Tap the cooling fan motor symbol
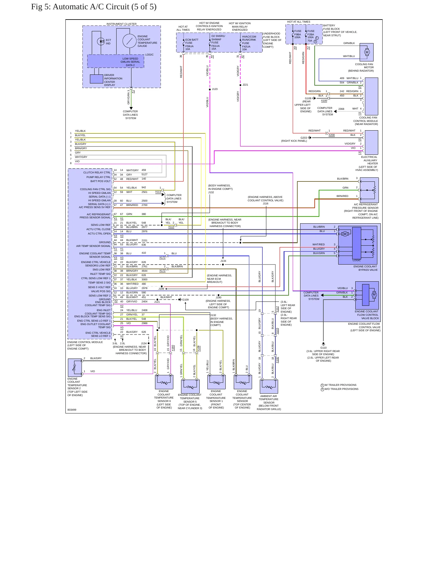(367, 52)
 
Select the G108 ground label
(308, 98)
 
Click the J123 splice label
(215, 89)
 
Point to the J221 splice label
(245, 85)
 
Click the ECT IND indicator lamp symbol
(101, 42)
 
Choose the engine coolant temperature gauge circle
(129, 41)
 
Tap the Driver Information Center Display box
(96, 79)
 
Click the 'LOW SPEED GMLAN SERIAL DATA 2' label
(130, 62)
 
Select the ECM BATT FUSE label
(192, 41)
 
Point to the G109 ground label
(185, 300)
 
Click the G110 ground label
(323, 348)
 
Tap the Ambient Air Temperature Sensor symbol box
(269, 386)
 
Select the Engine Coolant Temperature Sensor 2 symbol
(75, 368)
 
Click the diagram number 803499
(72, 410)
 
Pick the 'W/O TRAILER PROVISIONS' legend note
(341, 389)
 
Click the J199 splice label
(161, 289)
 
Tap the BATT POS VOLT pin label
(100, 181)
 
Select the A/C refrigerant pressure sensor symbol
(369, 190)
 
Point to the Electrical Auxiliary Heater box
(371, 142)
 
